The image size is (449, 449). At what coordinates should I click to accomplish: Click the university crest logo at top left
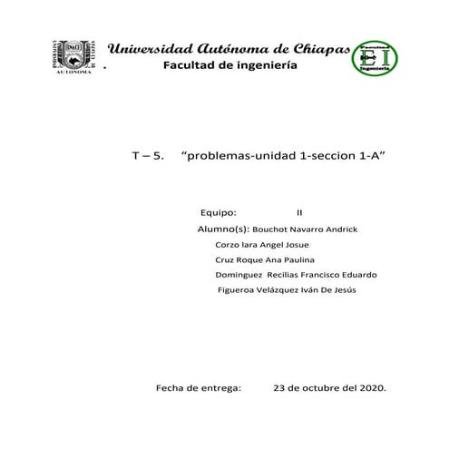click(x=73, y=57)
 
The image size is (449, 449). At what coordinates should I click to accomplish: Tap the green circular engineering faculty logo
click(x=374, y=58)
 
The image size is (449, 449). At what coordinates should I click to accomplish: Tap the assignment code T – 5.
click(x=148, y=156)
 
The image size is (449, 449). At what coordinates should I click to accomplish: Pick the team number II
click(x=299, y=212)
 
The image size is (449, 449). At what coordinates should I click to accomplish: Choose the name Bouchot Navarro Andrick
click(x=305, y=229)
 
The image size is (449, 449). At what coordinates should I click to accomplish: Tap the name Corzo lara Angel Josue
click(x=262, y=245)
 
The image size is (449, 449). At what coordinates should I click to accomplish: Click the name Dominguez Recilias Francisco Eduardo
click(x=297, y=275)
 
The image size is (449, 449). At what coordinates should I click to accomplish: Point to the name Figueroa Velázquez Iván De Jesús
click(x=287, y=290)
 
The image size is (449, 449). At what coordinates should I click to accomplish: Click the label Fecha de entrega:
click(x=199, y=387)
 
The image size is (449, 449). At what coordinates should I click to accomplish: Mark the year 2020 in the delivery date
click(x=371, y=387)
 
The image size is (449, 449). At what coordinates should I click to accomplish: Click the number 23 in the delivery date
click(x=279, y=387)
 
